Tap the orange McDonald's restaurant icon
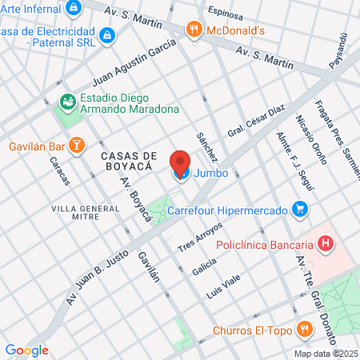tap(193, 30)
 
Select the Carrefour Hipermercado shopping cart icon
tap(301, 210)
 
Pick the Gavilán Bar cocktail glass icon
tap(76, 146)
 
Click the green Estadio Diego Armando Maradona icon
tap(67, 102)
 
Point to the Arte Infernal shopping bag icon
tap(74, 8)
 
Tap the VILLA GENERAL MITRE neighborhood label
tap(86, 214)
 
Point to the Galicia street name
tap(203, 265)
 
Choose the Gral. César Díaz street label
tap(256, 121)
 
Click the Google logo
tap(26, 350)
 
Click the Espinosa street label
tap(224, 12)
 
